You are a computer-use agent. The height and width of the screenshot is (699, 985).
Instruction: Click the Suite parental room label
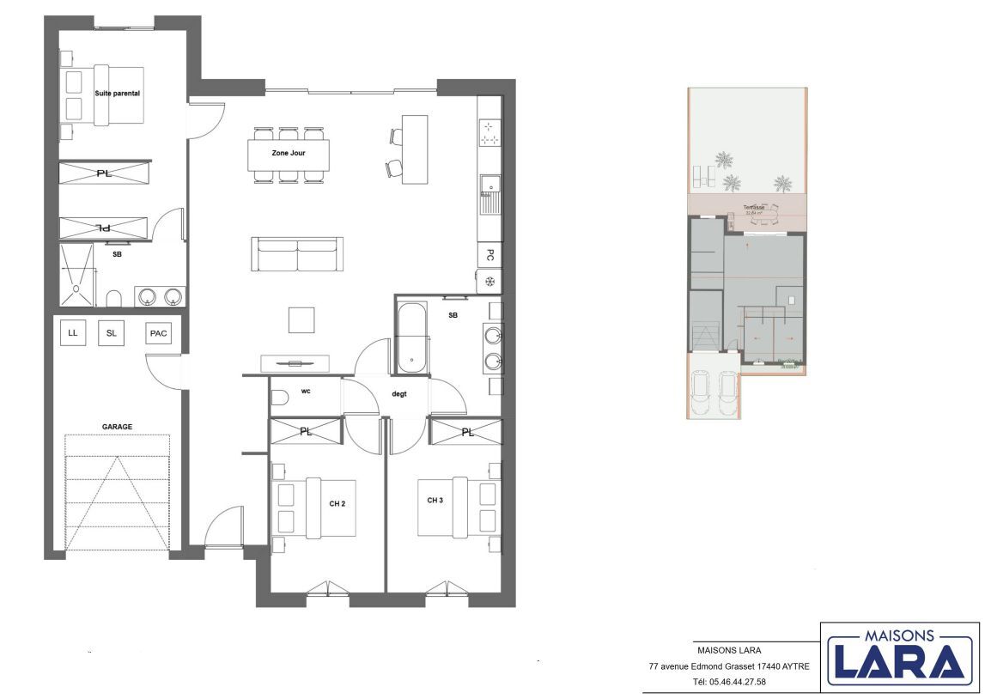(x=117, y=92)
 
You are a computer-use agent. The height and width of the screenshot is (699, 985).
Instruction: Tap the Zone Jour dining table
(x=288, y=154)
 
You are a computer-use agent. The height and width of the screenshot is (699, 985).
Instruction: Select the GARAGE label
(x=117, y=426)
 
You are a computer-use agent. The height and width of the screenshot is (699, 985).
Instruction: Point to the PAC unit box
(x=157, y=333)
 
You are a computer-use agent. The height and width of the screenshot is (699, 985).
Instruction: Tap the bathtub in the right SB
(x=412, y=337)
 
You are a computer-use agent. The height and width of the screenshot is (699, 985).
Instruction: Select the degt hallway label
(x=398, y=394)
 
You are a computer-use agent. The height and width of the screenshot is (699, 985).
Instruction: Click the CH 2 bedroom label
(x=337, y=503)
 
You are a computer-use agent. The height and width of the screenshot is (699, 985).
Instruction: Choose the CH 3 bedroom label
(x=435, y=500)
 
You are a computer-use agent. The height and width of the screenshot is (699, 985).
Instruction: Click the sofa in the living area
(x=297, y=255)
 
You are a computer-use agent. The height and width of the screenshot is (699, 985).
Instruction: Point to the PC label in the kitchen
(x=489, y=255)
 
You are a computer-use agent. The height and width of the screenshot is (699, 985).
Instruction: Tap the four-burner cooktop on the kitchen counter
(x=489, y=134)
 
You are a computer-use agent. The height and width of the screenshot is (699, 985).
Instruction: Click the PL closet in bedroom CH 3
(x=466, y=432)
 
